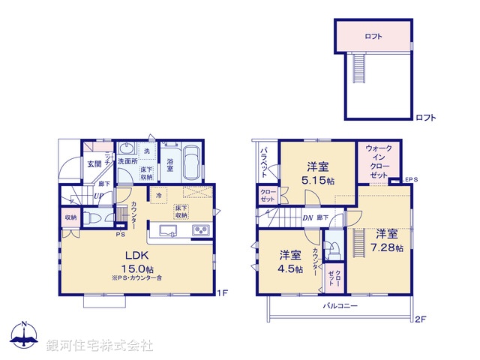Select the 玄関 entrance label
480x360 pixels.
click(94, 164)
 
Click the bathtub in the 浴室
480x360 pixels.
click(191, 163)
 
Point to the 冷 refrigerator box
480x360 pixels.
click(158, 196)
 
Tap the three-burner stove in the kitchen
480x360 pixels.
click(202, 230)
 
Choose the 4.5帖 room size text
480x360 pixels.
click(289, 268)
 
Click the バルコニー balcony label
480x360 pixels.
click(340, 306)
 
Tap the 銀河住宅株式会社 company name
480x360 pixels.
click(100, 346)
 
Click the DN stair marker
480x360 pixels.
click(307, 217)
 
